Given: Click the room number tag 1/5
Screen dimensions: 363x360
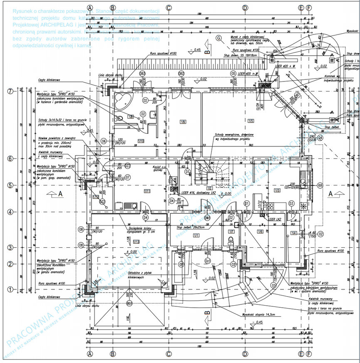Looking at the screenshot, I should (250, 121).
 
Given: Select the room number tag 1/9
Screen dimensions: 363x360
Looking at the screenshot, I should (183, 121).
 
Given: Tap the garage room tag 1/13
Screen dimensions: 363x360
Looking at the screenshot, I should (136, 242).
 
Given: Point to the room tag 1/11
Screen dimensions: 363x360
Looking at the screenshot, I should (147, 191).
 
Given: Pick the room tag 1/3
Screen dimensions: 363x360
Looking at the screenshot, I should (277, 190).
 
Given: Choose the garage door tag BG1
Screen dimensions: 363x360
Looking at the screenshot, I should (129, 303).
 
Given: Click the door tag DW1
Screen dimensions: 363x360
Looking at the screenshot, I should (207, 217).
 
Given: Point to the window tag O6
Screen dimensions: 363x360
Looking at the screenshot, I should (104, 141).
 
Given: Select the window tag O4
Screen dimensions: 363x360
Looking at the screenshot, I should (320, 137).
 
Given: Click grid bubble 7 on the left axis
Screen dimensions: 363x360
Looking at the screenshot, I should (10, 91).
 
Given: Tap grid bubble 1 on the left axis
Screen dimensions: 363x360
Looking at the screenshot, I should (10, 289).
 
